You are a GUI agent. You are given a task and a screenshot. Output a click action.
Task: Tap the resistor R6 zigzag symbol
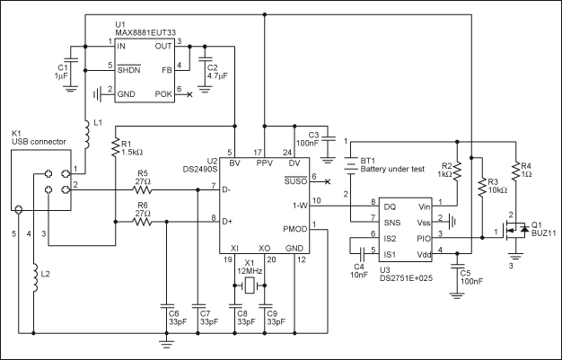(143, 219)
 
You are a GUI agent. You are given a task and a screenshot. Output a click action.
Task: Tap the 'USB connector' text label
(40, 143)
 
